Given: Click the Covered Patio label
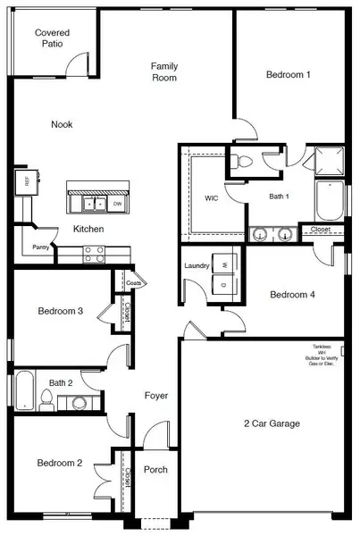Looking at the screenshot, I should [x=52, y=38].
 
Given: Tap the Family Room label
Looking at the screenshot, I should [x=163, y=72].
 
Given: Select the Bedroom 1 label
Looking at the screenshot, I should [x=288, y=75].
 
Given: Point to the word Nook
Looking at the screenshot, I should [x=62, y=124].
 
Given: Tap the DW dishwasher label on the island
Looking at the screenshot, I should [x=117, y=205].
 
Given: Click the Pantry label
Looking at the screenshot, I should [x=40, y=247].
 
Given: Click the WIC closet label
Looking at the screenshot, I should [x=212, y=197].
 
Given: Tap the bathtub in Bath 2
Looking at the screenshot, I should [x=25, y=392].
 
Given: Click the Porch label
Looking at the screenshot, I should [x=155, y=470].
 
